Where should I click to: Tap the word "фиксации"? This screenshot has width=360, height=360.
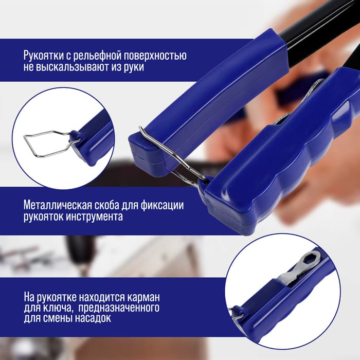coord(162,205)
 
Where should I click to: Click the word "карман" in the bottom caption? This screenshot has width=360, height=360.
coord(143,297)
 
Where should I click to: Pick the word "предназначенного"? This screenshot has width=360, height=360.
coord(119,308)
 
